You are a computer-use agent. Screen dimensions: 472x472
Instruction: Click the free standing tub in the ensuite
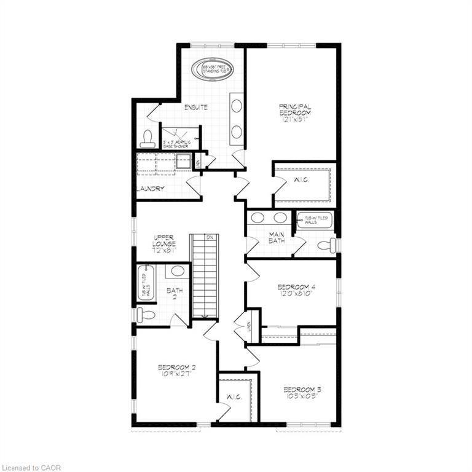(x=213, y=69)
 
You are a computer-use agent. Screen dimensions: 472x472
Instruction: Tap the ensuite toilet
(x=147, y=140)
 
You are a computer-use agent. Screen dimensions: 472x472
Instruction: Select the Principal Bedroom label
(x=295, y=112)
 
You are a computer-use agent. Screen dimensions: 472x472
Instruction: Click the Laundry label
(x=151, y=189)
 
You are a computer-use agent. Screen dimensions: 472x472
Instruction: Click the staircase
(x=205, y=277)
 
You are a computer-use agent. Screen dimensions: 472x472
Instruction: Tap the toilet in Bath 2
(x=146, y=315)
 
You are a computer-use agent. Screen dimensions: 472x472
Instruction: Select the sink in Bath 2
(x=178, y=271)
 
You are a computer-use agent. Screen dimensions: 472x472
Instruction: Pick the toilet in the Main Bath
(x=326, y=246)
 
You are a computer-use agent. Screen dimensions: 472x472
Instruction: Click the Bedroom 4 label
(x=296, y=290)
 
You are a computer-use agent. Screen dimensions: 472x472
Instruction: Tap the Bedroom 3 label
(x=302, y=393)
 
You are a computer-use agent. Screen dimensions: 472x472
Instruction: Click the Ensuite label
(x=195, y=108)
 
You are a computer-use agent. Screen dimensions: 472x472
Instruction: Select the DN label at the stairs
(x=210, y=237)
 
